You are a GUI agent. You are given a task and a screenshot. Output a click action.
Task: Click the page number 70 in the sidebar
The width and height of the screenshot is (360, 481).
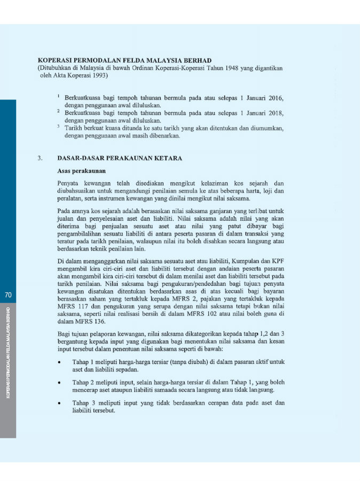click(x=8, y=294)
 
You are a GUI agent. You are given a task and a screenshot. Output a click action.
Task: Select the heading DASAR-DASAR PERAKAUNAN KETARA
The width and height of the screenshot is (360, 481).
click(x=120, y=158)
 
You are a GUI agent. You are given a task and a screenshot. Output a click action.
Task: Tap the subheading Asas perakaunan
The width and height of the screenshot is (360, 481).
click(x=81, y=171)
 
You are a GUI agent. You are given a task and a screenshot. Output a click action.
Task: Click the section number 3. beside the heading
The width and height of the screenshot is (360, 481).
click(x=40, y=158)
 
